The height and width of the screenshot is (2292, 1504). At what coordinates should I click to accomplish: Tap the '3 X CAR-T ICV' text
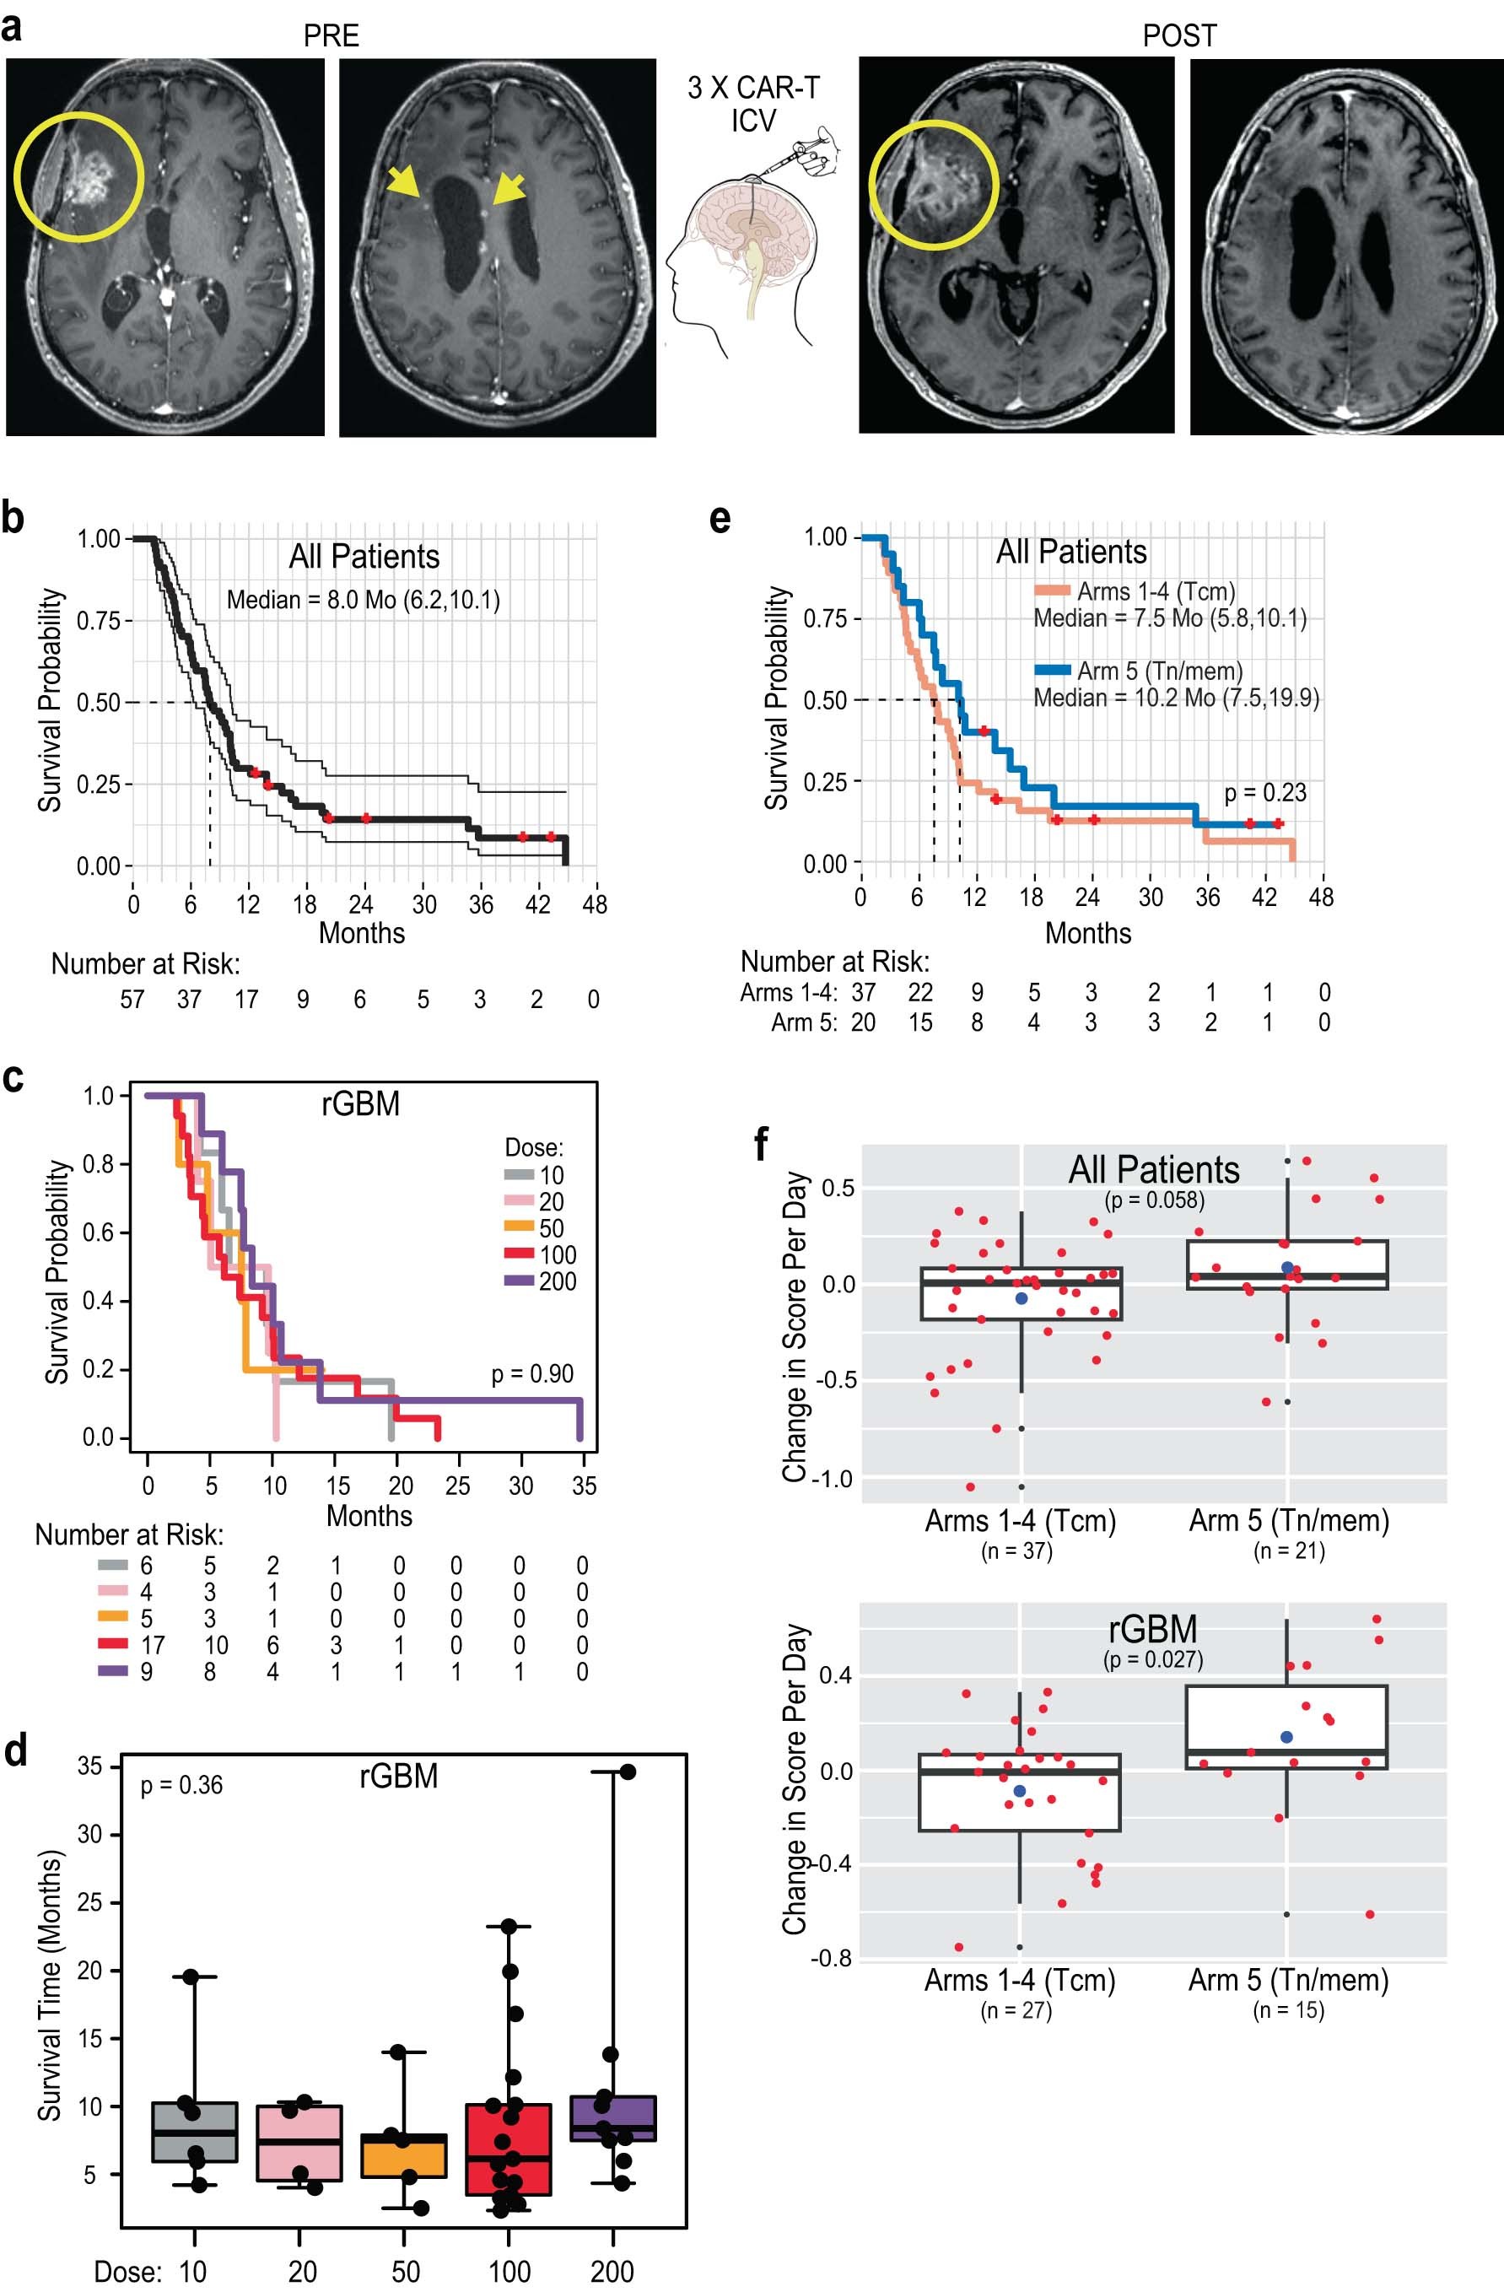[753, 104]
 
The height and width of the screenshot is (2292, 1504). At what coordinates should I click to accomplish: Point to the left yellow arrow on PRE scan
[403, 183]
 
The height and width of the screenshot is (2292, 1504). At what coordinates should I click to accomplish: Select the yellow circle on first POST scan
[933, 185]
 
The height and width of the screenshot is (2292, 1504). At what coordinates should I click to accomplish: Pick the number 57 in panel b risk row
[132, 1000]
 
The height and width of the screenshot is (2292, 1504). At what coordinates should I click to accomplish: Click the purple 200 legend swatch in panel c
[518, 1281]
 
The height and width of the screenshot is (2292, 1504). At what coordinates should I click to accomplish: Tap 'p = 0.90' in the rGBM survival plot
[531, 1374]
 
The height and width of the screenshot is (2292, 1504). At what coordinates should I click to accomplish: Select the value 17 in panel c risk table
[152, 1645]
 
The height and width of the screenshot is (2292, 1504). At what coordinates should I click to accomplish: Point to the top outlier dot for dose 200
[628, 1773]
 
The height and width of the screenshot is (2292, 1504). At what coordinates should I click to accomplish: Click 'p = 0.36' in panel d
[181, 1786]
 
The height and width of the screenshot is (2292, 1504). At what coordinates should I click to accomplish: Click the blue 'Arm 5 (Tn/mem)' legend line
[1054, 671]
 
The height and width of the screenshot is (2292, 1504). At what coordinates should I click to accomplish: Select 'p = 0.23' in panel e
[1264, 793]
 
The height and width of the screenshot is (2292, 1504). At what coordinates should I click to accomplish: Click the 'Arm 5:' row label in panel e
[803, 1022]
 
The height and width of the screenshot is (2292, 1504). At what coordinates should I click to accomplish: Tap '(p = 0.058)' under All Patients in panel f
[1153, 1200]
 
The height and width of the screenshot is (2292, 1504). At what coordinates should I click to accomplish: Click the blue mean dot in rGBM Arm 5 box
[1286, 1737]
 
